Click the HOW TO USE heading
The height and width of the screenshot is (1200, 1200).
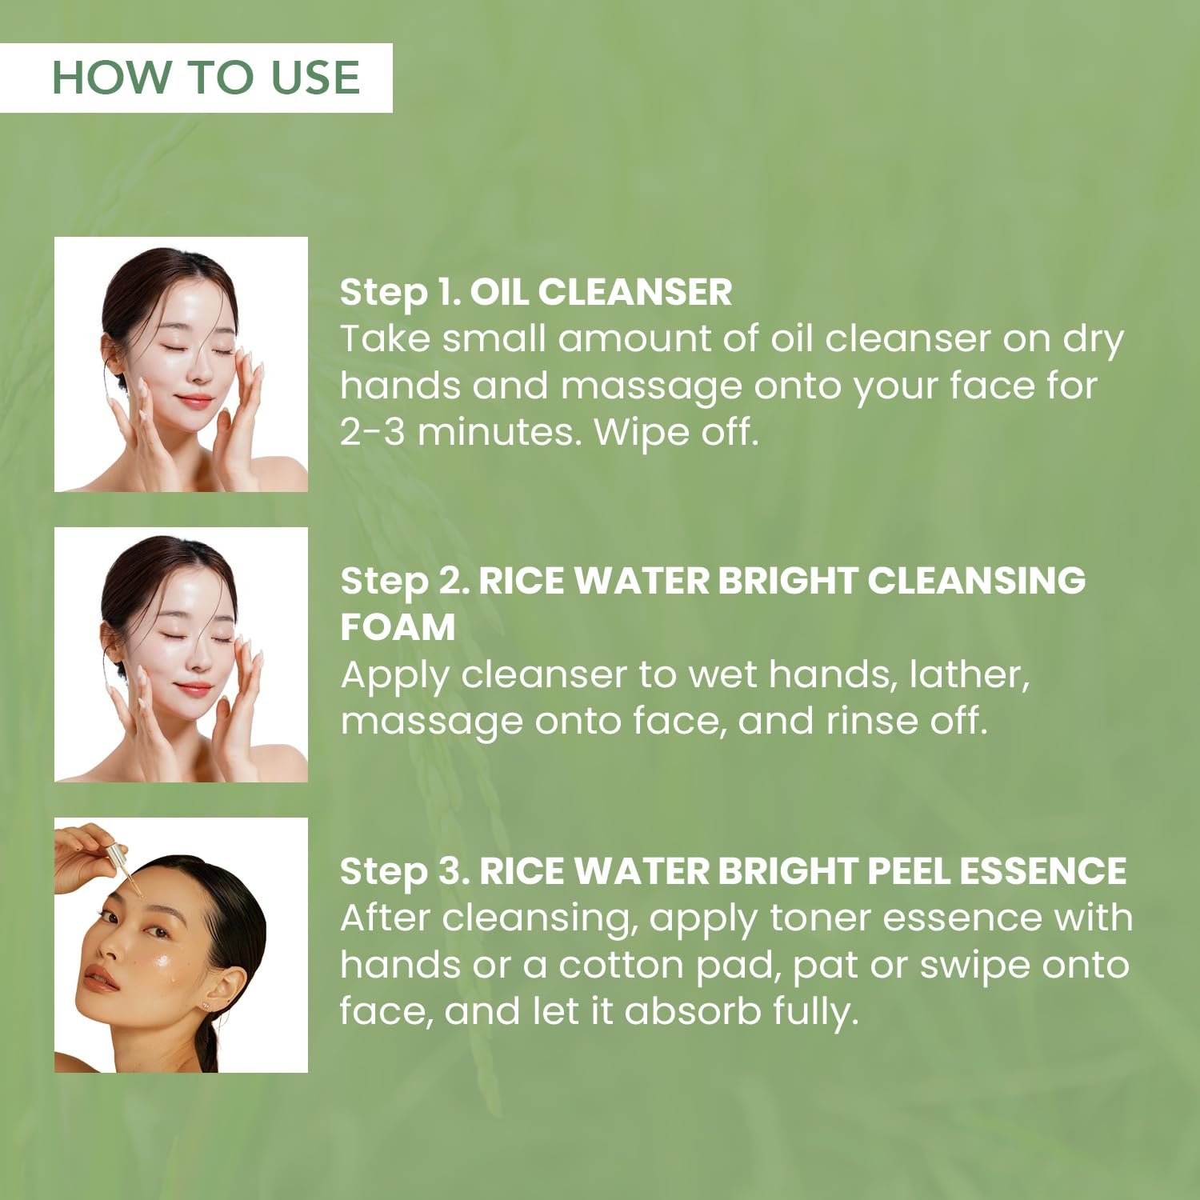click(x=206, y=78)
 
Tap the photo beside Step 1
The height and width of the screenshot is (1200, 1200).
click(x=181, y=364)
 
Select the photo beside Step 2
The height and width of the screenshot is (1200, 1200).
click(x=181, y=654)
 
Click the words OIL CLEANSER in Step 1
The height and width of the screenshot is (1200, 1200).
click(x=600, y=292)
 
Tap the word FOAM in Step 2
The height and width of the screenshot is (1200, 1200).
click(x=398, y=626)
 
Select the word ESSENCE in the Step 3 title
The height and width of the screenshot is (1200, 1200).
click(x=1042, y=871)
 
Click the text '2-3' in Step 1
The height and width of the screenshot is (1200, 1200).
click(x=373, y=432)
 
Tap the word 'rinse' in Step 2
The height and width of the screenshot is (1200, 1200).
click(x=870, y=721)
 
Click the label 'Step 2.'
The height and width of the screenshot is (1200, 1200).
click(x=405, y=582)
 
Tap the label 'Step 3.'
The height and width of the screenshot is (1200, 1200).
click(x=405, y=871)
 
